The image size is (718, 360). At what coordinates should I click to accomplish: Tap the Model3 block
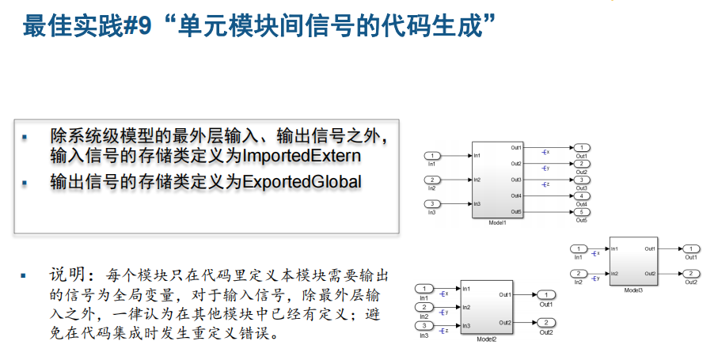pyautogui.click(x=633, y=260)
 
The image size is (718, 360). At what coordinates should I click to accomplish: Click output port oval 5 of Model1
pyautogui.click(x=581, y=212)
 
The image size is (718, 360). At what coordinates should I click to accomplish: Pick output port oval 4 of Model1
pyautogui.click(x=581, y=196)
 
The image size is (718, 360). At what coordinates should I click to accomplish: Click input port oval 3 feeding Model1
pyautogui.click(x=432, y=204)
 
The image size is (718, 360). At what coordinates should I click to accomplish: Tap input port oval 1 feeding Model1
pyautogui.click(x=432, y=156)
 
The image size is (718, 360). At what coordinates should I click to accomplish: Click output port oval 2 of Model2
pyautogui.click(x=545, y=322)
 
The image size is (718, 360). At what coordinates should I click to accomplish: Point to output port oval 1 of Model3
pyautogui.click(x=690, y=249)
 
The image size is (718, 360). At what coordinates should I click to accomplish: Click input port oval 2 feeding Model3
pyautogui.click(x=579, y=274)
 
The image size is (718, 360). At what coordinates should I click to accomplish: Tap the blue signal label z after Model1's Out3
pyautogui.click(x=545, y=184)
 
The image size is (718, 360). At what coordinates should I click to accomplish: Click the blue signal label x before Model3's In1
pyautogui.click(x=595, y=252)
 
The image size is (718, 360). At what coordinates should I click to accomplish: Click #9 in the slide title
pyautogui.click(x=130, y=25)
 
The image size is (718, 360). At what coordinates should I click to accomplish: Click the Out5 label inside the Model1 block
pyautogui.click(x=515, y=212)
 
